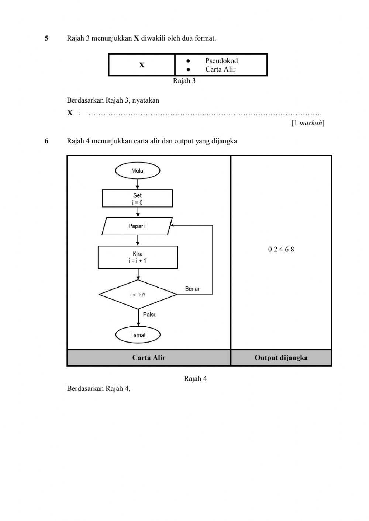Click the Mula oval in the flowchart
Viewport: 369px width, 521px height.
[x=137, y=171]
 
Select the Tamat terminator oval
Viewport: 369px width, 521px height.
[x=138, y=335]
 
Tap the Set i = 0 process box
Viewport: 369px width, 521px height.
[x=137, y=199]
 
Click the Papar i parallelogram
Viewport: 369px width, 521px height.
[x=137, y=226]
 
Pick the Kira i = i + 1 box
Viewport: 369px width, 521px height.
[x=138, y=257]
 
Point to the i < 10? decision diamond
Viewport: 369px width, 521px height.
[x=138, y=295]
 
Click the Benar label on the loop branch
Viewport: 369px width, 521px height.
[x=192, y=289]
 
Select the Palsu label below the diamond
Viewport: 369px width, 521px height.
[x=150, y=315]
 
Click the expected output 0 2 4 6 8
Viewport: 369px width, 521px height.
[x=281, y=249]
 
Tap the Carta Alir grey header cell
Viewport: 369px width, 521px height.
[x=149, y=358]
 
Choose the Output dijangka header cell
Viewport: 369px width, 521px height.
[x=281, y=358]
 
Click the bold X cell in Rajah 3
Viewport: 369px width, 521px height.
[x=142, y=65]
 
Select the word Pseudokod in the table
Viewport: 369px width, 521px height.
[x=221, y=61]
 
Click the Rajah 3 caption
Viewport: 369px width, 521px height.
[x=184, y=81]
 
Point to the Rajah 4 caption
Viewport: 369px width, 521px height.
[x=195, y=378]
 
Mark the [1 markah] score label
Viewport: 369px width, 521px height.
[x=308, y=123]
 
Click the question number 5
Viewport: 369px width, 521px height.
[x=46, y=38]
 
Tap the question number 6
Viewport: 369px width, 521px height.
[x=46, y=141]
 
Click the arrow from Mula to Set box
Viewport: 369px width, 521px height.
[x=137, y=184]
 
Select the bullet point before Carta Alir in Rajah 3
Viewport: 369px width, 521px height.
[x=188, y=69]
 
